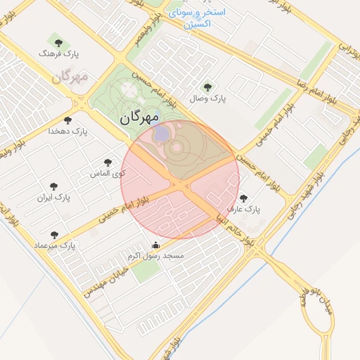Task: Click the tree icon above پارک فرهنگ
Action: [x=58, y=44]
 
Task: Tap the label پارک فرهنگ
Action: [x=59, y=53]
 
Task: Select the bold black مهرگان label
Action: [x=141, y=118]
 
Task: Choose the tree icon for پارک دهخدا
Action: [x=67, y=121]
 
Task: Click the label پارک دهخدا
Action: [x=67, y=131]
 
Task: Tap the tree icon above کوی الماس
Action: [x=108, y=162]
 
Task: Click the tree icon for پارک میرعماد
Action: [x=55, y=235]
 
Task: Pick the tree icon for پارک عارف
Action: [x=243, y=199]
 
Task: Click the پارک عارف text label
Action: [x=243, y=210]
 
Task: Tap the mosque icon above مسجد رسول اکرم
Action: [x=155, y=245]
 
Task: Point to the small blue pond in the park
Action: [x=161, y=132]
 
